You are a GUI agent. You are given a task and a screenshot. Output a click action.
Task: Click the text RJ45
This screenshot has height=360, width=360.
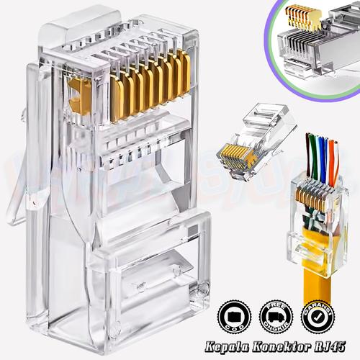(330, 346)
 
